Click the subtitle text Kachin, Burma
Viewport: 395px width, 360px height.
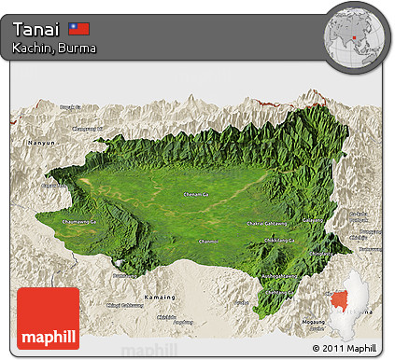pos(54,47)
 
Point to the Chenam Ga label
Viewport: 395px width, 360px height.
pos(197,193)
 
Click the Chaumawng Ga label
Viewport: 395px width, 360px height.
pos(78,222)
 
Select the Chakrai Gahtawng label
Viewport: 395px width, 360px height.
pos(267,224)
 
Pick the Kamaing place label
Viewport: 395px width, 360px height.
pos(158,297)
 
